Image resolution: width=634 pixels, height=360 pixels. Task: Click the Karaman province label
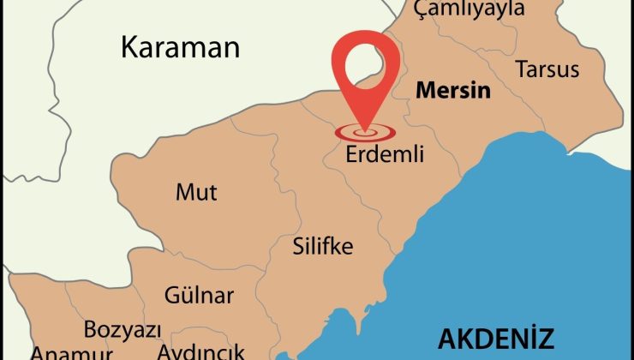(180, 46)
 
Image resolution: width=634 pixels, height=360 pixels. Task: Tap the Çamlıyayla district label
(468, 9)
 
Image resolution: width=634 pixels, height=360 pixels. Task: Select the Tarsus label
(547, 69)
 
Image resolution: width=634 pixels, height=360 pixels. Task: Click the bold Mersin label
(453, 90)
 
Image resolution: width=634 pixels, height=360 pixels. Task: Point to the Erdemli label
(385, 157)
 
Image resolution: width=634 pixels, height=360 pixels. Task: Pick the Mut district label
(196, 192)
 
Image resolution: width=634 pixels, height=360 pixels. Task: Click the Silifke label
(323, 247)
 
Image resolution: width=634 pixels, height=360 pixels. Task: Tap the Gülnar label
(199, 296)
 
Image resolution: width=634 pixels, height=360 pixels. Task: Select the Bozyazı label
(119, 329)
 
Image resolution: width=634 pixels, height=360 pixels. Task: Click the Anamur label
(72, 353)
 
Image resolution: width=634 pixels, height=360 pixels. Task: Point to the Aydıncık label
(201, 351)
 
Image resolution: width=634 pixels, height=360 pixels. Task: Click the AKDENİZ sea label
(497, 338)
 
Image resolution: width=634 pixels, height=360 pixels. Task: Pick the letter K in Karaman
(129, 46)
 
